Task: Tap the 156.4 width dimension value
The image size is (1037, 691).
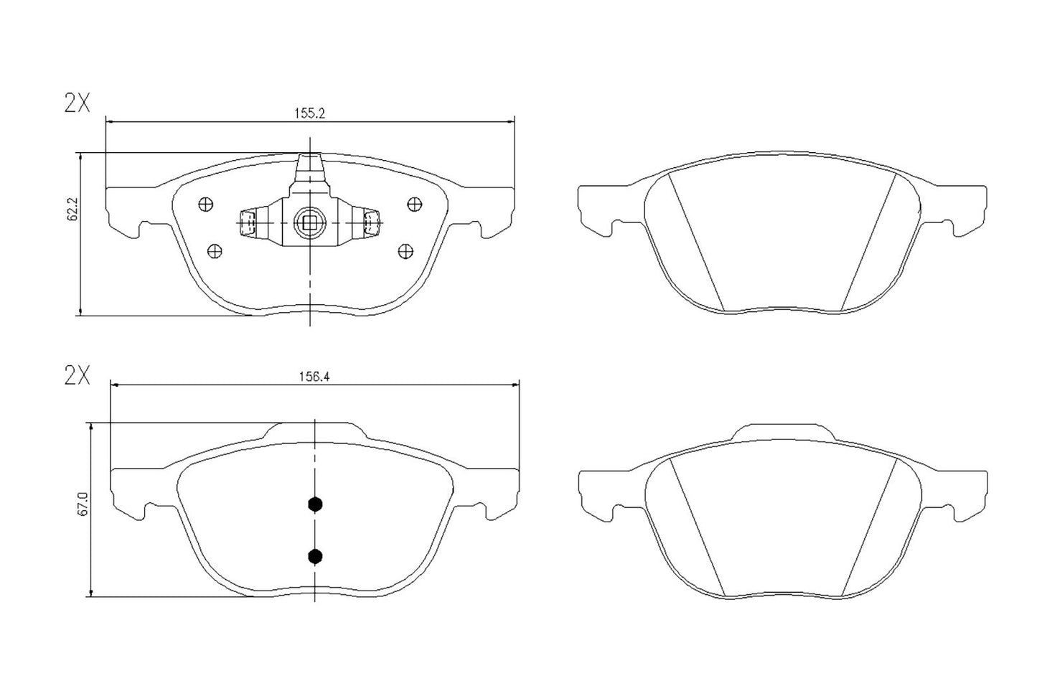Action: [313, 375]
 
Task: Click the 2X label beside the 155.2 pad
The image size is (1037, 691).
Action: [77, 104]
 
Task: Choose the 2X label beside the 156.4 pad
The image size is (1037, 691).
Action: [77, 375]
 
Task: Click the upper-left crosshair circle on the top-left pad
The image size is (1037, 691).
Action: [205, 205]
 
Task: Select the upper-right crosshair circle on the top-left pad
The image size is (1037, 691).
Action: [413, 205]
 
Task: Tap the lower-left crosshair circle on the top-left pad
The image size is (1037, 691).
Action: [213, 250]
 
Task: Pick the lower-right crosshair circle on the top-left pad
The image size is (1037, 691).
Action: [405, 250]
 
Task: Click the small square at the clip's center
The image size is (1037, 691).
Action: [310, 223]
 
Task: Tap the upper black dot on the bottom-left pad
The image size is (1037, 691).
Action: [314, 504]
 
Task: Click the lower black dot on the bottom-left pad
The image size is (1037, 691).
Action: [314, 555]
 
